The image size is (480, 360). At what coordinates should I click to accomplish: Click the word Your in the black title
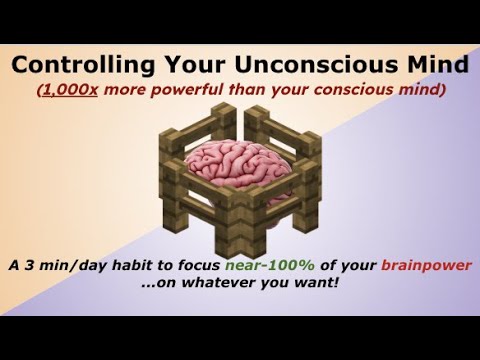click(191, 66)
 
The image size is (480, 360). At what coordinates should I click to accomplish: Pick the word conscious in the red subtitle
click(364, 90)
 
